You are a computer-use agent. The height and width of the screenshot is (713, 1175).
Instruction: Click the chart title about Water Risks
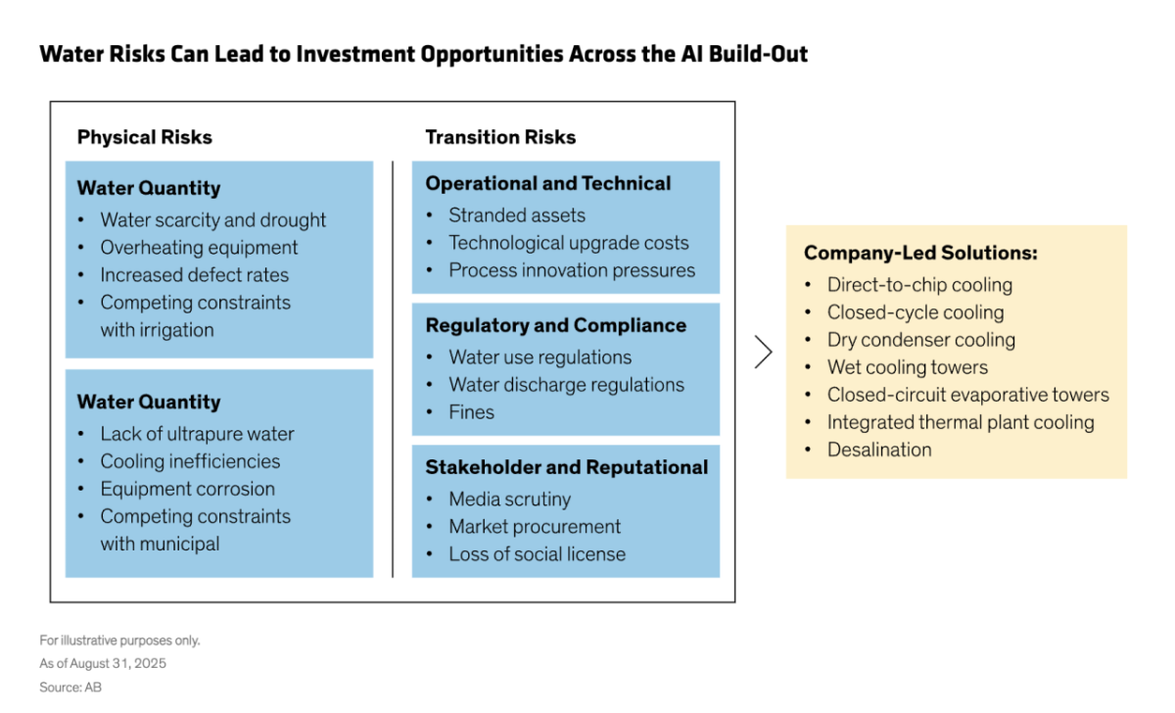(423, 54)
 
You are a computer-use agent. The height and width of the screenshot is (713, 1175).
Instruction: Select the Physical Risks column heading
(144, 137)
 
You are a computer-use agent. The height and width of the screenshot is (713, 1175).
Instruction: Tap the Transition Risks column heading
(500, 137)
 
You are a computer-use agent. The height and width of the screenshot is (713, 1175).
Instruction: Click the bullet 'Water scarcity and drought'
(212, 220)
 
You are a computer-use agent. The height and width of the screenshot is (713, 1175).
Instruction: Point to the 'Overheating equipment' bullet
(199, 248)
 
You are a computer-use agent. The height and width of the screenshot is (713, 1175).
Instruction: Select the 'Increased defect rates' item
(194, 275)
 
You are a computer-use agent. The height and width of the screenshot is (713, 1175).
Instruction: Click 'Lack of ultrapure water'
(197, 434)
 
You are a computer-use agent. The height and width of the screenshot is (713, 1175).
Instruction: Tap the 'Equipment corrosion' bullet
(187, 489)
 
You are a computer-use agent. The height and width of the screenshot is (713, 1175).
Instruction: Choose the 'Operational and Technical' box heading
(547, 183)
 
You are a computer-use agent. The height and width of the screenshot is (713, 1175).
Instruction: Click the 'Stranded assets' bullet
(516, 215)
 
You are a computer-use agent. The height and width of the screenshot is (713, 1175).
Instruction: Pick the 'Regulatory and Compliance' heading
(555, 325)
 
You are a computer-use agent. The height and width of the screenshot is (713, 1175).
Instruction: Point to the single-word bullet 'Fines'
(471, 412)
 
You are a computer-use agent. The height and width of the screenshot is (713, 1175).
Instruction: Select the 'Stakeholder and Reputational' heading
(566, 467)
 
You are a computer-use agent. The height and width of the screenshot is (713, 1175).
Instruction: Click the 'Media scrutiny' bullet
(509, 499)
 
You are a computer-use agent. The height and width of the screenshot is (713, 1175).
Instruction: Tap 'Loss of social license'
(537, 554)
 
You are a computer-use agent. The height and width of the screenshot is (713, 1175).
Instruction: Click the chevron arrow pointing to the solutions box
(763, 352)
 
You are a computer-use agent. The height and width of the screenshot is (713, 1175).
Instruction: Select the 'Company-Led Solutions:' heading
(920, 253)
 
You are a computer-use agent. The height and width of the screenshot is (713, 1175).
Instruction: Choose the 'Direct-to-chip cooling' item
(919, 285)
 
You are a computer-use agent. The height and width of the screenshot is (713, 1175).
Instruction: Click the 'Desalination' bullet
(878, 450)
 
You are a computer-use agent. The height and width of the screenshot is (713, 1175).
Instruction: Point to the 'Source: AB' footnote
(70, 688)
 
